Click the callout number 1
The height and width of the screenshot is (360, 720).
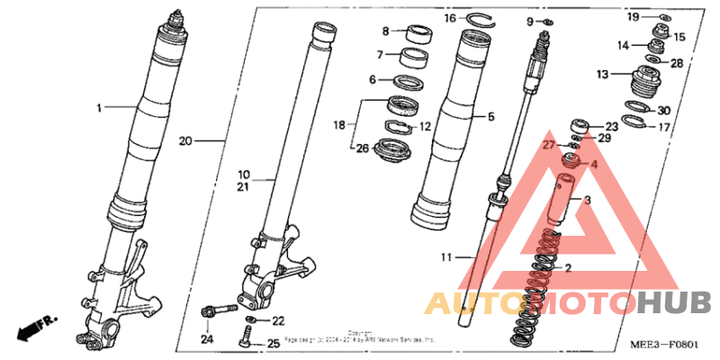101,107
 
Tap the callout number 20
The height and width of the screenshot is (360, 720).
185,141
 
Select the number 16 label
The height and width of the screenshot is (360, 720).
450,18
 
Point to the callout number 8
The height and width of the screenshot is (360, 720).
385,31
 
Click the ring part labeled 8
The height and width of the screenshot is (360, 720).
419,35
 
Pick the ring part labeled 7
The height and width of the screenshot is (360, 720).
415,59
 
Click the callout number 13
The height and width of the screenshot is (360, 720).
603,74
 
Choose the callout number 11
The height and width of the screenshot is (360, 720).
445,258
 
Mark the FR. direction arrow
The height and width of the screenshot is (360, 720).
35,326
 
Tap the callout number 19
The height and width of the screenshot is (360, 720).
634,17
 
